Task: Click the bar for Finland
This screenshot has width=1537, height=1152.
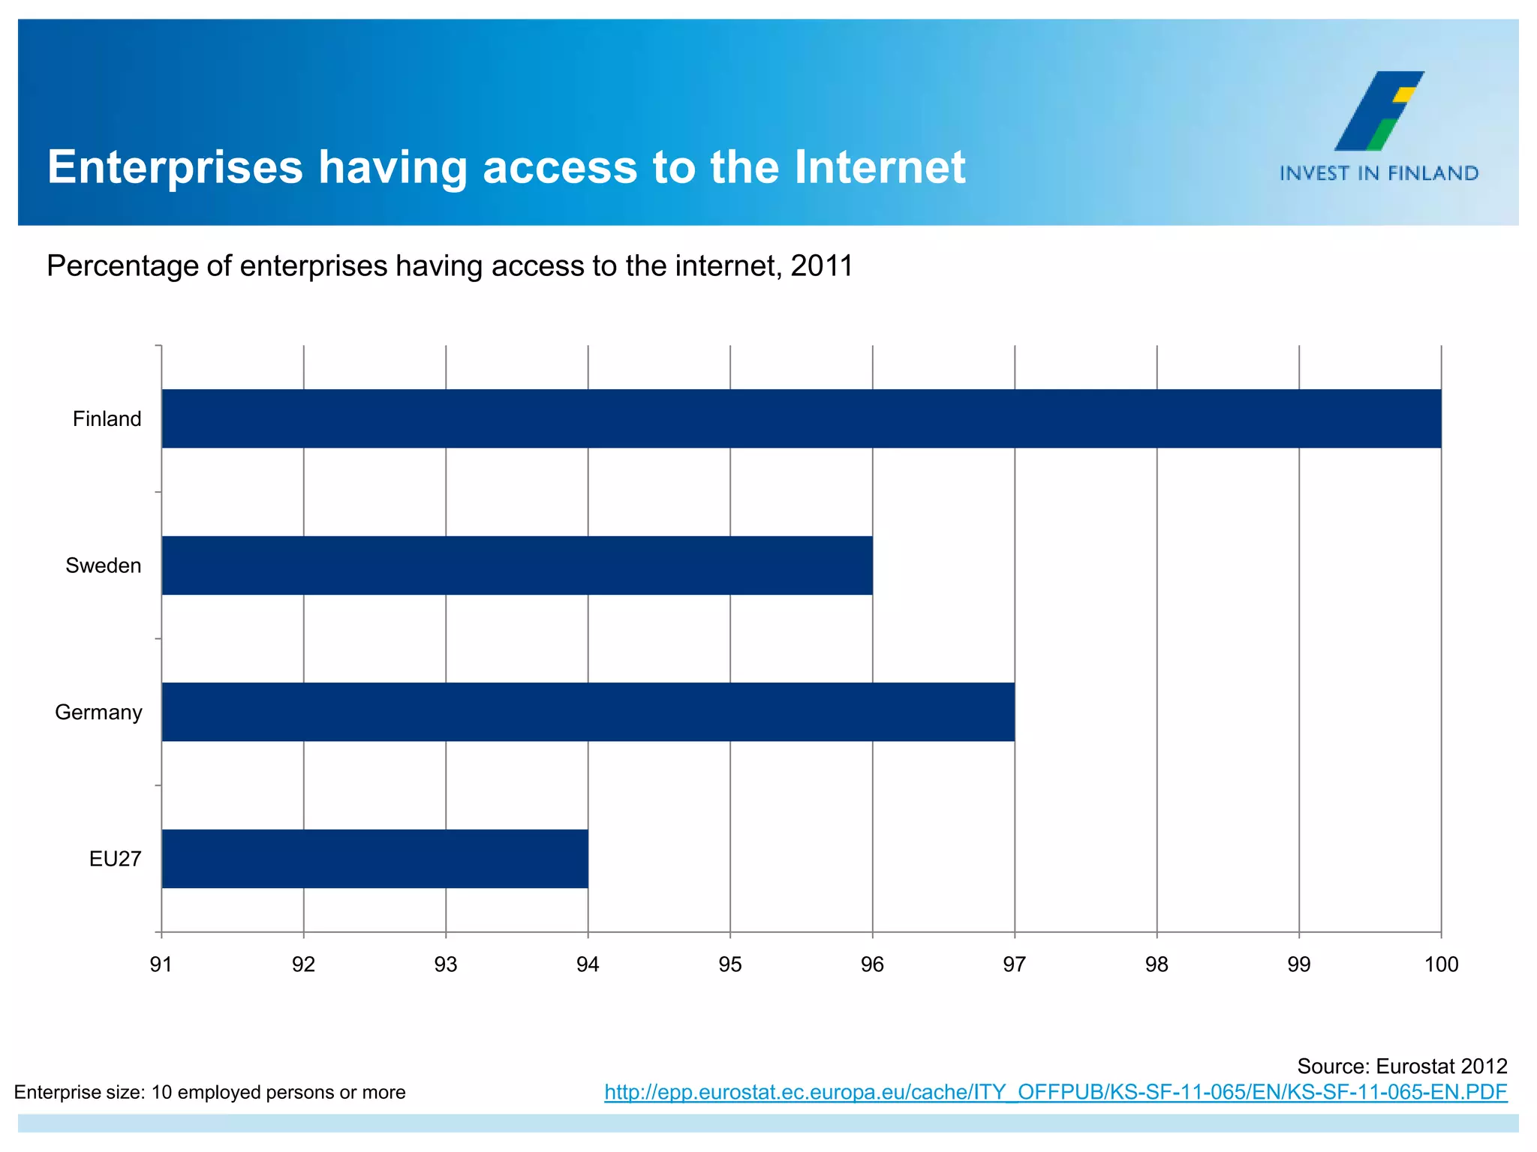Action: pos(801,418)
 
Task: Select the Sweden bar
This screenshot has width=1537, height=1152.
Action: pos(517,565)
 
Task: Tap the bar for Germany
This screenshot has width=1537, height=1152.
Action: pos(588,712)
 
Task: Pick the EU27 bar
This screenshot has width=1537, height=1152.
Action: pos(374,859)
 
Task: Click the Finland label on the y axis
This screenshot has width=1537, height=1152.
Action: pos(107,418)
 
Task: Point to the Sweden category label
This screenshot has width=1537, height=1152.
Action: pos(103,565)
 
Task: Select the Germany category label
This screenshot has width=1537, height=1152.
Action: pos(98,712)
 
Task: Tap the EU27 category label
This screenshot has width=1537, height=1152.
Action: pos(115,859)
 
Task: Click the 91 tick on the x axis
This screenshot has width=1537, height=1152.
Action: pos(161,964)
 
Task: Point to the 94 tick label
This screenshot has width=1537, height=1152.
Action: pos(588,964)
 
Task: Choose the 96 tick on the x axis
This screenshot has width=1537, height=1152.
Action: pos(872,964)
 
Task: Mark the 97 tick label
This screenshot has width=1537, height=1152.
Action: pos(1015,964)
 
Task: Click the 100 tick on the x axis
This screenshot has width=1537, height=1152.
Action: pos(1441,964)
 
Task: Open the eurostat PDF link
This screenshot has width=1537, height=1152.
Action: pos(1055,1093)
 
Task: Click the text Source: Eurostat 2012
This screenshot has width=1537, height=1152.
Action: pos(1402,1066)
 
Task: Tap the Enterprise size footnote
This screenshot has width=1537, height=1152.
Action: pos(210,1093)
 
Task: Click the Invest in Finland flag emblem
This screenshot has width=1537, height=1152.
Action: pos(1379,111)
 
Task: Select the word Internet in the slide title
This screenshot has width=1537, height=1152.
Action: pos(880,166)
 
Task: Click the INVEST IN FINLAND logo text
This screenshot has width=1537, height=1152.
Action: pos(1379,174)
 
